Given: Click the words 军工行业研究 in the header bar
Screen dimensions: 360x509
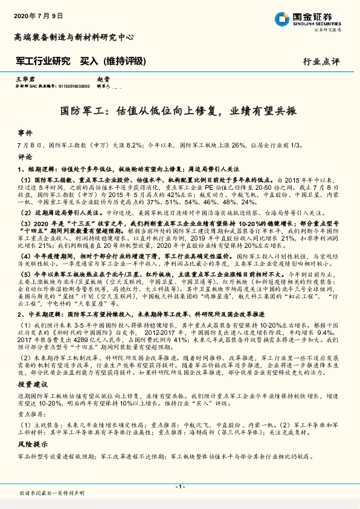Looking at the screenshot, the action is click(43, 61).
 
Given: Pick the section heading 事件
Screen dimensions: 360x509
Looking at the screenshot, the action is click(24, 132).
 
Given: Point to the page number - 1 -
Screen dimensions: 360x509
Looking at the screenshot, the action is click(179, 486).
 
